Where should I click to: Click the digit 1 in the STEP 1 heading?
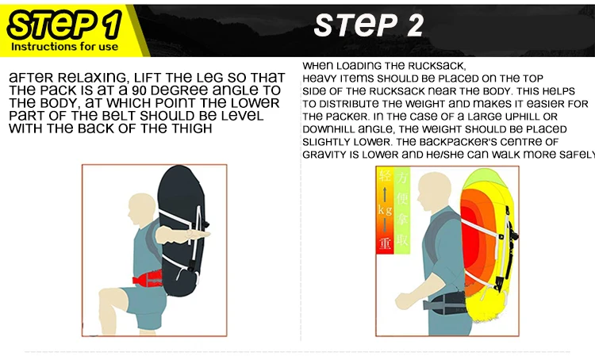point(113,25)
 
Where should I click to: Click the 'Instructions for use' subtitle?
point(64,47)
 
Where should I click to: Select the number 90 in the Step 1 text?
point(140,90)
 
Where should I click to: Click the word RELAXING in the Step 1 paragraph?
point(94,78)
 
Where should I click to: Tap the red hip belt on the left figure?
point(148,279)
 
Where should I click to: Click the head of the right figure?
point(434,192)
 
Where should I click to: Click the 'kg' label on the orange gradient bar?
point(385,209)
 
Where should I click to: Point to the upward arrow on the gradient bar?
point(385,193)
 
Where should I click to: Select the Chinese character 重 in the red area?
point(385,243)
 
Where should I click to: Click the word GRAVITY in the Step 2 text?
point(325,155)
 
